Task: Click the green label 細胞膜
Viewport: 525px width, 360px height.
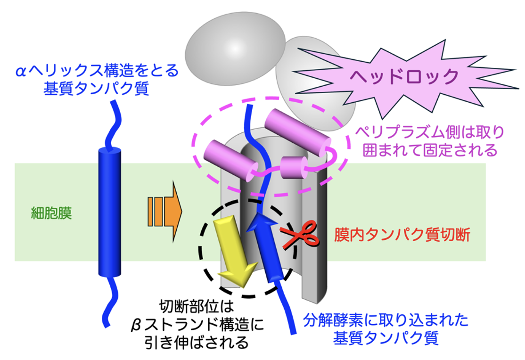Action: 51,213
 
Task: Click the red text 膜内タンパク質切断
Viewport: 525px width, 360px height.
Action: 402,234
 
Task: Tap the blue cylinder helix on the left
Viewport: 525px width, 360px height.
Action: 109,212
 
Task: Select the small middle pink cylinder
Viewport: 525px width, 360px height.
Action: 294,167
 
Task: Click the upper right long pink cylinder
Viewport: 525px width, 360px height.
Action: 297,132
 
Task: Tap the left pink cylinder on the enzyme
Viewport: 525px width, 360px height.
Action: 231,160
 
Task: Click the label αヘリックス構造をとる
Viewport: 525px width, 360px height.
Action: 98,71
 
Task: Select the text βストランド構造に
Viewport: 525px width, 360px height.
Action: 197,324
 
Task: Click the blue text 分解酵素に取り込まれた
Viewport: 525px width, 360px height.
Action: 386,320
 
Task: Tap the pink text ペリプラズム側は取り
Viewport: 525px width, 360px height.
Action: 430,132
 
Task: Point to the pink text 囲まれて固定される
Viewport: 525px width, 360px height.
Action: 430,150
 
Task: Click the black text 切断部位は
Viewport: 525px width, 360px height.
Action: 197,306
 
